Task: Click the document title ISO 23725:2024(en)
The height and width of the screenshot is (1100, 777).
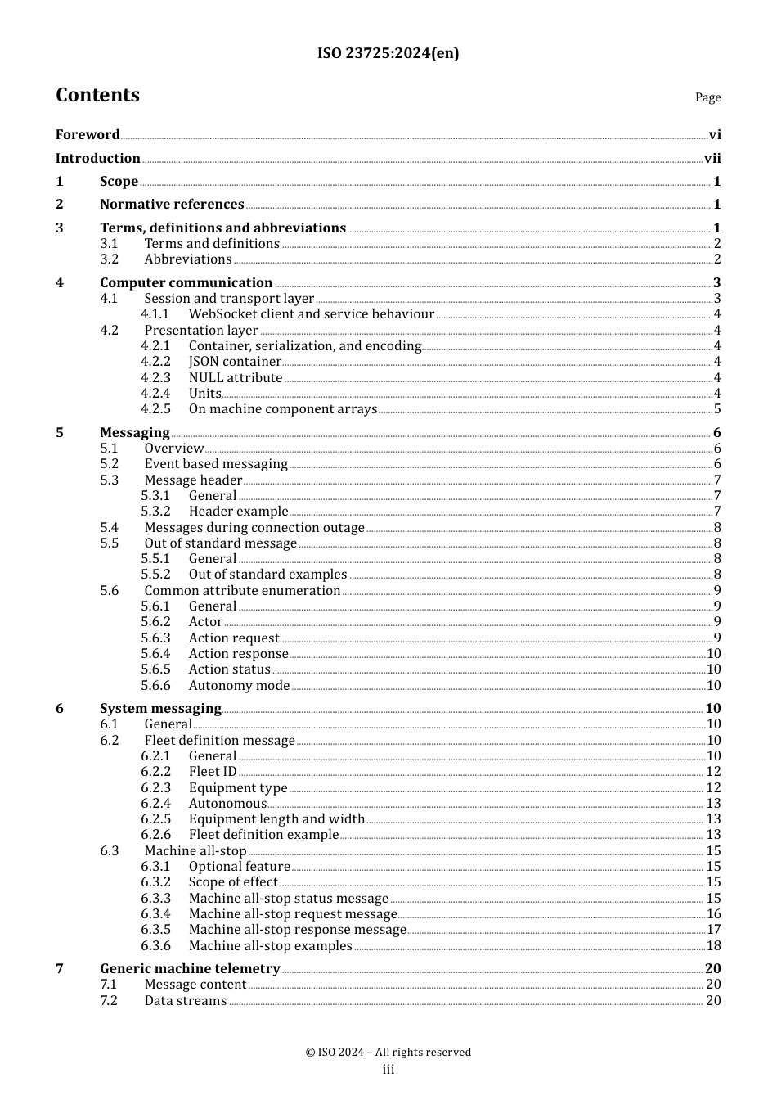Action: pos(388,53)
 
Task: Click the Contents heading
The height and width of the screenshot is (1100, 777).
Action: pos(97,95)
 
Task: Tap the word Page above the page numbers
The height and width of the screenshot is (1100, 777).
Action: pos(707,97)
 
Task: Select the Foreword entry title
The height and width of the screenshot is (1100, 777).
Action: pos(88,135)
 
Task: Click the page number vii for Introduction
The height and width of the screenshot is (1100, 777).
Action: pos(712,159)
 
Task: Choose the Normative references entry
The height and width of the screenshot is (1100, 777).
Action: pos(172,205)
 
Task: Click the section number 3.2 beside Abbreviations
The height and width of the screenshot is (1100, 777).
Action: pos(110,259)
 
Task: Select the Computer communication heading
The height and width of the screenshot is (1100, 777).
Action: pos(186,283)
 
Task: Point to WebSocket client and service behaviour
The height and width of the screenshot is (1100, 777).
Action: pos(311,314)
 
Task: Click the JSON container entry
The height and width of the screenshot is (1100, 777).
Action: pos(235,362)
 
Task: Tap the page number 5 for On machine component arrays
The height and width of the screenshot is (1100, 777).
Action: pos(717,409)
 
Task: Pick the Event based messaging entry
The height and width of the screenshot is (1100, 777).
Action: pos(216,464)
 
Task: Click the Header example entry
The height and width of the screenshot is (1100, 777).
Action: pos(238,512)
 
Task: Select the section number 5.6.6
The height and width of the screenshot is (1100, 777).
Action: pos(155,686)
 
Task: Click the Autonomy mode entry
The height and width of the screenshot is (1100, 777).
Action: pos(239,686)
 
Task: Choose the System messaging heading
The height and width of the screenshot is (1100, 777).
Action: pos(160,709)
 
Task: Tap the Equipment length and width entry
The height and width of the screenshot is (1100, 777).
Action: pos(276,819)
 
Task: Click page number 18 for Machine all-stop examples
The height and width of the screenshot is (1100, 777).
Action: pos(713,946)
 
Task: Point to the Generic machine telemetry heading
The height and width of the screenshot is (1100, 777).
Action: pos(190,969)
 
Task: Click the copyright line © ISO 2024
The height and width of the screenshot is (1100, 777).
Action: pos(388,1053)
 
